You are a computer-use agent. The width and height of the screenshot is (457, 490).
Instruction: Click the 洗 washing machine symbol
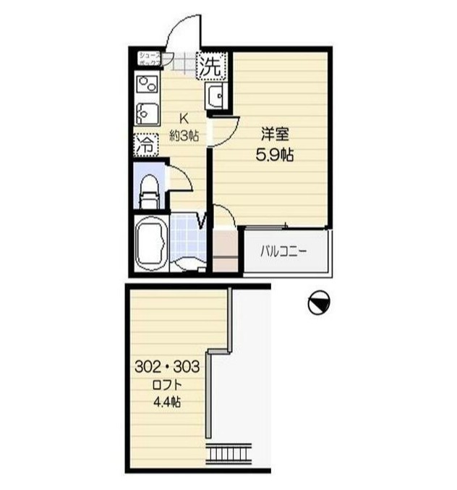pos(212,67)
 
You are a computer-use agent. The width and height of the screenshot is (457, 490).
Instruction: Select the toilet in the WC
pos(149,190)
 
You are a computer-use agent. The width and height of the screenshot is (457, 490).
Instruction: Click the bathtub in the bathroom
pos(152,245)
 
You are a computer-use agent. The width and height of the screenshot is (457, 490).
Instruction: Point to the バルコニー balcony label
pos(284,253)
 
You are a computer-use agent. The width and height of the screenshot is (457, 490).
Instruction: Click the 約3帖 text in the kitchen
pos(184,134)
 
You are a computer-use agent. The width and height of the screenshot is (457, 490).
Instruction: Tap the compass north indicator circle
pos(318,303)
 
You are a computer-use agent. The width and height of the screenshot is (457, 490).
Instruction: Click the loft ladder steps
pos(228,455)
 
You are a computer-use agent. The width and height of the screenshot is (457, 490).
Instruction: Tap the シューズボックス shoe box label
pos(150,59)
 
